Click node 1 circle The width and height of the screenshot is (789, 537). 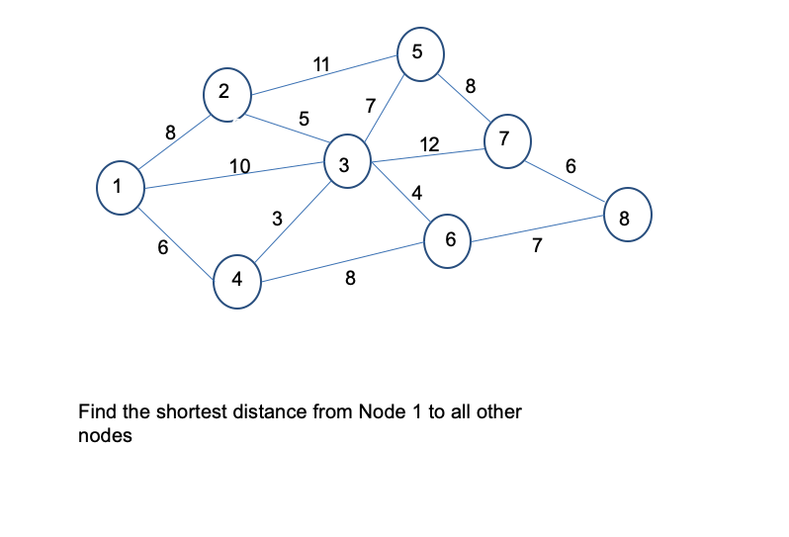tap(119, 187)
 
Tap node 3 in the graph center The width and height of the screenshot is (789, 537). tap(344, 165)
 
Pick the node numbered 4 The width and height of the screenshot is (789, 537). tap(237, 279)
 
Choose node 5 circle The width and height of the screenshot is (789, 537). tap(418, 53)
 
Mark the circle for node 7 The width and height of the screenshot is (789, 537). tap(505, 138)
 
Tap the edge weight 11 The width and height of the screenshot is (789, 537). tap(321, 65)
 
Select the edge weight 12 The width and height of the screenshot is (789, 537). tap(428, 144)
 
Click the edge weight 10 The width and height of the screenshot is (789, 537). tap(238, 166)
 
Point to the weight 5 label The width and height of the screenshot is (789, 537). tap(305, 120)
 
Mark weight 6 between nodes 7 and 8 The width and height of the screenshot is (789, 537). tap(570, 166)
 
